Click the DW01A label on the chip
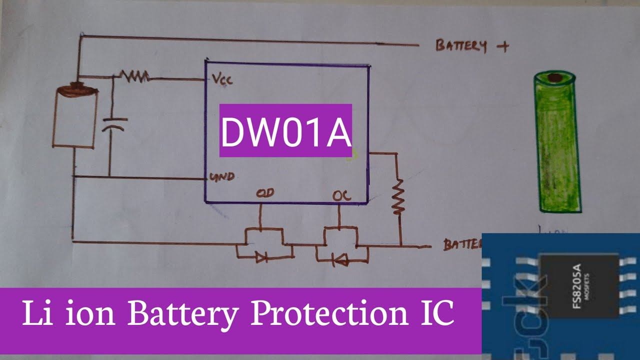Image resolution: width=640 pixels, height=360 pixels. coord(285,131)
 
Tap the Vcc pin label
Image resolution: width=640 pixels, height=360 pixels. coord(222,80)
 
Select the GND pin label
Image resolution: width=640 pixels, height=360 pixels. coord(222,177)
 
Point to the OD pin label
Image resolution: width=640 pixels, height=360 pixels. coord(265,193)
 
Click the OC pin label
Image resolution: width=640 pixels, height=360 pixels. coord(341,195)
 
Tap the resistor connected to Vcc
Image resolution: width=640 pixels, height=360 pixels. coord(134,76)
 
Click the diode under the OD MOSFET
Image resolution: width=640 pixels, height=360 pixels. coord(261,257)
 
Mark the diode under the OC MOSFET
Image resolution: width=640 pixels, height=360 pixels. coord(341,258)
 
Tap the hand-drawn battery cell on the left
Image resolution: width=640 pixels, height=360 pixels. coord(75,118)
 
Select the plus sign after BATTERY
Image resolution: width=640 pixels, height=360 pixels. coord(502,46)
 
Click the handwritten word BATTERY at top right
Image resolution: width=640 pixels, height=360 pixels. coord(460,45)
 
